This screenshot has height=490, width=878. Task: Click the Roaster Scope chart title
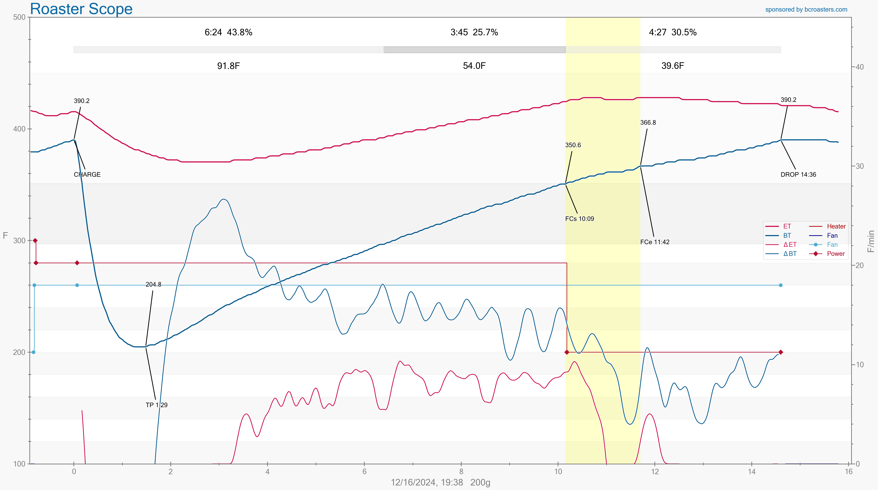[x=81, y=9]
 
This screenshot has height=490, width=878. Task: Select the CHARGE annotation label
[x=87, y=174]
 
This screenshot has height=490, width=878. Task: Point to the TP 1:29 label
[x=156, y=405]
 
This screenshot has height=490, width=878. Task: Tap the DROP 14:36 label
[x=798, y=174]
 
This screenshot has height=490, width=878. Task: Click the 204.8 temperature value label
[x=153, y=284]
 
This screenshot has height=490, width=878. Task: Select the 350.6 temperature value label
[x=573, y=145]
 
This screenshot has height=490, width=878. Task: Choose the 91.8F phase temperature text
[x=228, y=66]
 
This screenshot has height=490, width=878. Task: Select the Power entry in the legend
[x=836, y=254]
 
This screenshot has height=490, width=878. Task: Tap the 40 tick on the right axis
[x=860, y=67]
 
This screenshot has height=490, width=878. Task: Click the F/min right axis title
[x=871, y=241]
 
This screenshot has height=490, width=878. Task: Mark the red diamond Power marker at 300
[x=35, y=241]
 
